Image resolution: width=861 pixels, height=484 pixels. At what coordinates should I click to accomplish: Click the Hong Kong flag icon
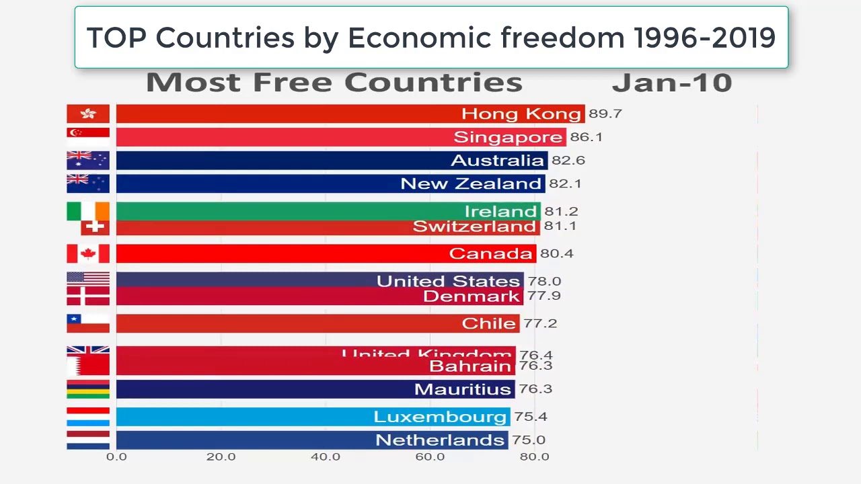pos(87,114)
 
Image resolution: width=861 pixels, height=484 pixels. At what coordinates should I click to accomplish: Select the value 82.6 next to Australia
pos(568,160)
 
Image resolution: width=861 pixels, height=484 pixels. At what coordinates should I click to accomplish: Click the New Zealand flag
pos(87,183)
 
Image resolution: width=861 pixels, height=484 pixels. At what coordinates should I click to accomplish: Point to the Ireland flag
pos(87,211)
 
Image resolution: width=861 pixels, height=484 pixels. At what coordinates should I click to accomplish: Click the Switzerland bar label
pos(474,227)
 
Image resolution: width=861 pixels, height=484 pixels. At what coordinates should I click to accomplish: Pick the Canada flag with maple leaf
pos(87,253)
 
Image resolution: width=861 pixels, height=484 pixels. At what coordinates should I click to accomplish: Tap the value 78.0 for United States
pos(544,281)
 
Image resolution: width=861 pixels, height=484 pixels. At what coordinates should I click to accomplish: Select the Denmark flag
pos(87,296)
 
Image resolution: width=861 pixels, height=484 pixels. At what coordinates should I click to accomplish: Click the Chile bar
pos(317,323)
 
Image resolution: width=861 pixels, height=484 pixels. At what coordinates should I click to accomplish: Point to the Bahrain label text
pos(470,366)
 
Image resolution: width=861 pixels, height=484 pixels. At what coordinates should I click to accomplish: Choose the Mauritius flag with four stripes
pos(87,389)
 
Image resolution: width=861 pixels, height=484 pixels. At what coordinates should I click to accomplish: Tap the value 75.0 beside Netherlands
pos(528,440)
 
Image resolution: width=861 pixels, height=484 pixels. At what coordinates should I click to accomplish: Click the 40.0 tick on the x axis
pos(326,456)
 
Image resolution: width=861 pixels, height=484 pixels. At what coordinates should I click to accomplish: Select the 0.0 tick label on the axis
pos(116,456)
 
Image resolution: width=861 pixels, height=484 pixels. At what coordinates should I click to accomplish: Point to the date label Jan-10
pos(671,83)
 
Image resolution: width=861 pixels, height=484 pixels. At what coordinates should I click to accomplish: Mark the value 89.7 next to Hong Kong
pos(605,114)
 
